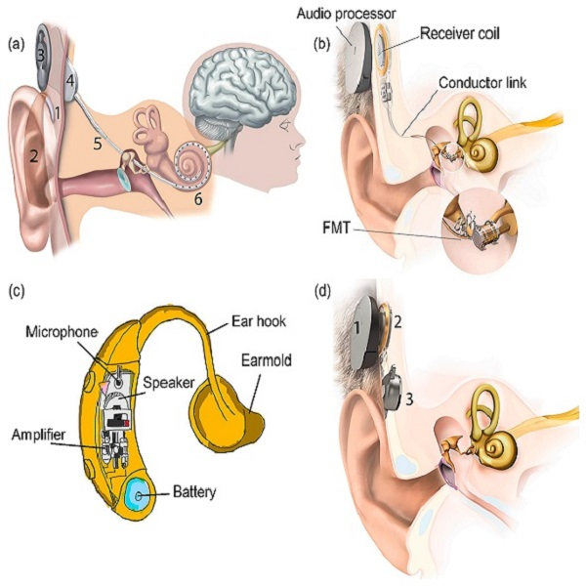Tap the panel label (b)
tap(320, 43)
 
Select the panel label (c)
tap(17, 289)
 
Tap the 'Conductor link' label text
tap(482, 83)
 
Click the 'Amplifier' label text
tap(40, 432)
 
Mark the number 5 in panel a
tap(96, 145)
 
